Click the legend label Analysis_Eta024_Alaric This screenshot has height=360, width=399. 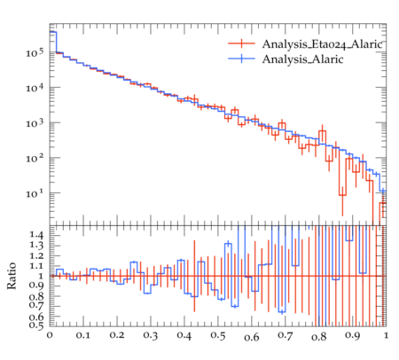[x=322, y=44]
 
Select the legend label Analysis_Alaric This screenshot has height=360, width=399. [x=302, y=59]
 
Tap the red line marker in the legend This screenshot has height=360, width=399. [x=241, y=43]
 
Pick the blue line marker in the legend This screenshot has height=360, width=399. [x=241, y=59]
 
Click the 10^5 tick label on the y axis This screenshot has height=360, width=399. [x=35, y=52]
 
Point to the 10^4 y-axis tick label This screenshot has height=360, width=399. [x=35, y=88]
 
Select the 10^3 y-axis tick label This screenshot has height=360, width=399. [x=35, y=122]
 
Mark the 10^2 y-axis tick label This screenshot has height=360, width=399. [x=35, y=158]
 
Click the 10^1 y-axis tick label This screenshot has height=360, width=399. [x=35, y=192]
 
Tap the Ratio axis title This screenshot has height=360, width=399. [x=12, y=276]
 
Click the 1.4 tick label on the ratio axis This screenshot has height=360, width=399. [x=36, y=235]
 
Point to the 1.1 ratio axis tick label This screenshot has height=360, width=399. [x=36, y=266]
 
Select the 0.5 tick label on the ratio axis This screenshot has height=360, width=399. [x=36, y=325]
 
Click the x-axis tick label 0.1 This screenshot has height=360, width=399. [x=83, y=335]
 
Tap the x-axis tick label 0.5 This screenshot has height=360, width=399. [x=218, y=335]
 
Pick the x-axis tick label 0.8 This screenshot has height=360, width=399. [x=319, y=337]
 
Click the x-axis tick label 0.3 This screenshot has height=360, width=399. [x=151, y=335]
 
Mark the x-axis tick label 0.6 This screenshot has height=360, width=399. [x=252, y=337]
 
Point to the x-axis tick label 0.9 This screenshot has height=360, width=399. [x=353, y=335]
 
